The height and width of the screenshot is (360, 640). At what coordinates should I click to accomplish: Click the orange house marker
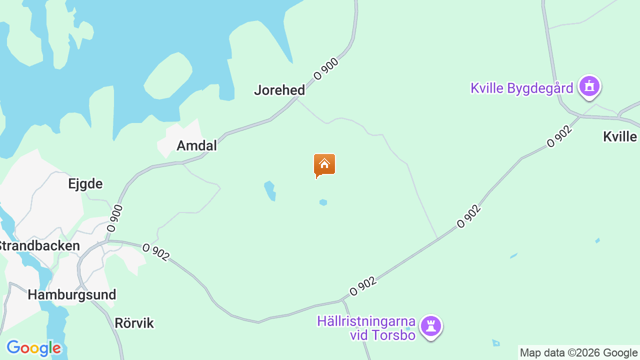324,164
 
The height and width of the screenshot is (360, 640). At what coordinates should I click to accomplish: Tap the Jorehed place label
279,90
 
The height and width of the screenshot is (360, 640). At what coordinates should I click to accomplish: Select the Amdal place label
197,145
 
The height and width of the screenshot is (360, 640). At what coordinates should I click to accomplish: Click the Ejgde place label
85,183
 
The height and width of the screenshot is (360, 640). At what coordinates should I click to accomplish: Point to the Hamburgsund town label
72,294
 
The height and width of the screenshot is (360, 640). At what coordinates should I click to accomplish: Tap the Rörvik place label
134,323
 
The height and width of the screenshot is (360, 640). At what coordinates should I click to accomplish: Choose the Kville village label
620,136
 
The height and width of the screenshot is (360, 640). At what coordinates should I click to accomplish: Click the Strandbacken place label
39,246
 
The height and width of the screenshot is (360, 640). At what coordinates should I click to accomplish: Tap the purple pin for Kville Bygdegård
589,86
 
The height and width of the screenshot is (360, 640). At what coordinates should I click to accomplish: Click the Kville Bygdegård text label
521,88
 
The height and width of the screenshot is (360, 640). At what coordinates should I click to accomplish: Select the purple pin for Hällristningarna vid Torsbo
431,326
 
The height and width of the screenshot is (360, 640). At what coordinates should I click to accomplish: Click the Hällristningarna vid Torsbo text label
366,327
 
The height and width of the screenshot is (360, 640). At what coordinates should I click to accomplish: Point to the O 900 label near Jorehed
326,69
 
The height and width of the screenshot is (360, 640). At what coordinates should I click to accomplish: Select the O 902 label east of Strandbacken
156,251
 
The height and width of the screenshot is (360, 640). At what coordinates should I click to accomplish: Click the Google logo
33,348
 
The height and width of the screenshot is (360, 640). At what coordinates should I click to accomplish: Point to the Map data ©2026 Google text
578,353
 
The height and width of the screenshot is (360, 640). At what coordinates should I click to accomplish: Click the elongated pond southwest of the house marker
270,190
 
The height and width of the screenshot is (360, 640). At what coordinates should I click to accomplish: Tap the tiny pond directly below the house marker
323,202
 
